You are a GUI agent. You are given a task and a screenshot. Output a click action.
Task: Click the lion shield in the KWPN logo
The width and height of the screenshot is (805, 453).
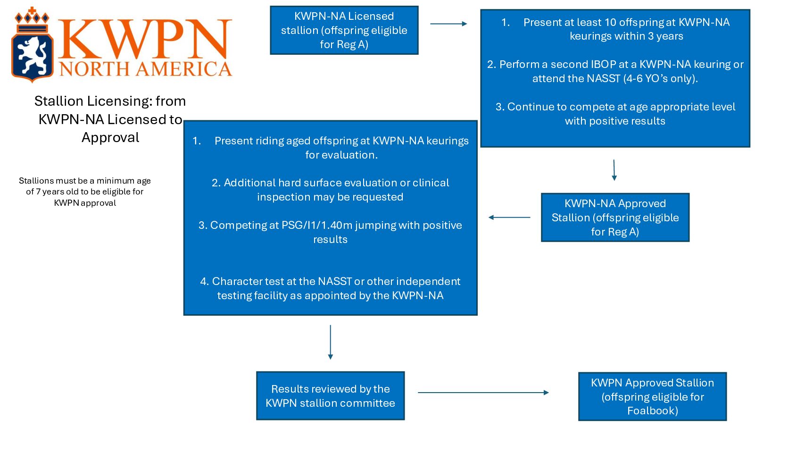pos(33,58)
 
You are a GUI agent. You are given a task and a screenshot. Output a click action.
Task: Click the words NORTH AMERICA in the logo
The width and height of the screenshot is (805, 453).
pos(146,69)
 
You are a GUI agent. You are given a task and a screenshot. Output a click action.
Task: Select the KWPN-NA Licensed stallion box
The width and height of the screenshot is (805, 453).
pos(344,30)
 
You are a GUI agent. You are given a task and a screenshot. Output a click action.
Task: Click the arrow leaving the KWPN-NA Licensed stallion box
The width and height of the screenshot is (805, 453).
pos(448,24)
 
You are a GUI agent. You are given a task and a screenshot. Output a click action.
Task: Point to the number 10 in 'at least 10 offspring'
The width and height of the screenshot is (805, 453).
pos(610,22)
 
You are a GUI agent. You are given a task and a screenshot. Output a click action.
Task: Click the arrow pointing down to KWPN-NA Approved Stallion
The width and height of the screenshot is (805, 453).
pos(614,170)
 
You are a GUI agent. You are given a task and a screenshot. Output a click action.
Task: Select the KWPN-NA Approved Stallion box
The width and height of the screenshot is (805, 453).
pos(615,218)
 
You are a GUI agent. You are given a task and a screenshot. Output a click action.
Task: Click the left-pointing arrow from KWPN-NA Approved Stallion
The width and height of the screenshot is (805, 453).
pos(509,217)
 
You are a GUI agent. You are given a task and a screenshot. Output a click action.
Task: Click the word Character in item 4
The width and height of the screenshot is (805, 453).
pos(236,281)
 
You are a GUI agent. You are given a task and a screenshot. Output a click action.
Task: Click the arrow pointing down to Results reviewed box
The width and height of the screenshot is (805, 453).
pos(331,342)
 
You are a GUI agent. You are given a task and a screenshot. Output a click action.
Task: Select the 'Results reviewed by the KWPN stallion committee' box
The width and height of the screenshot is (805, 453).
pos(330,396)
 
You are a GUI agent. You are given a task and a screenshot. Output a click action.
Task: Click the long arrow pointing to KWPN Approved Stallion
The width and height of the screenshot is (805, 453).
pos(483,393)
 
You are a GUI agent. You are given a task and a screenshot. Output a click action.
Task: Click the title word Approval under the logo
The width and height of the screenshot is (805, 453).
pos(110,138)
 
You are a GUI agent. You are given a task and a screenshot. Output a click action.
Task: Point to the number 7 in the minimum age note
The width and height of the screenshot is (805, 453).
pos(38,192)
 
